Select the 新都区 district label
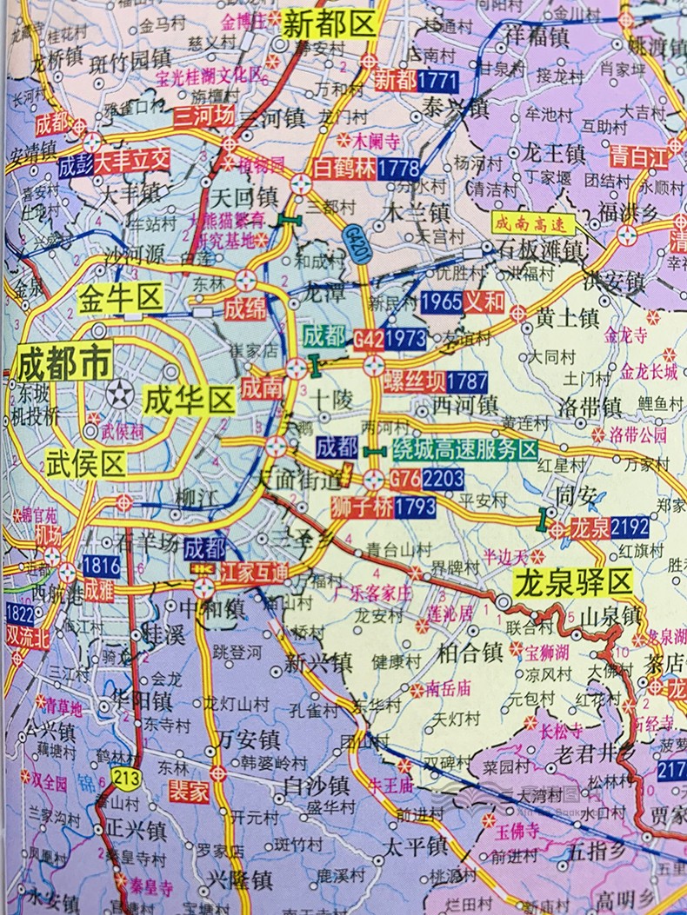click(330, 25)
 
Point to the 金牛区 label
click(120, 299)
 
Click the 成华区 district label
click(189, 401)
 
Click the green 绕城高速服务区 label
click(464, 449)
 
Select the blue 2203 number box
click(444, 477)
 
